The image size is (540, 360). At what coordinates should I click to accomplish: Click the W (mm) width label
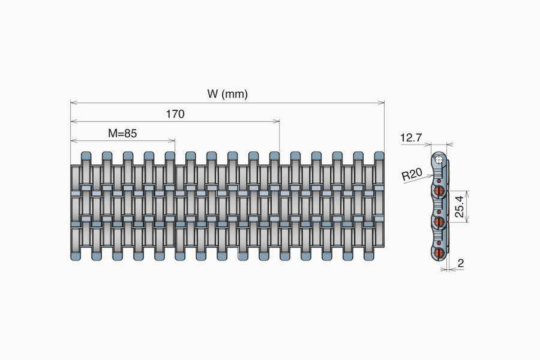pos(227,94)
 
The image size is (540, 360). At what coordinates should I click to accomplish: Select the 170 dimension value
pos(175,114)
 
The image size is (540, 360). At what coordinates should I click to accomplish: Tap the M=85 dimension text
pos(122,133)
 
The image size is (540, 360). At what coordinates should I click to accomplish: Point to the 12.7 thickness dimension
pos(410,138)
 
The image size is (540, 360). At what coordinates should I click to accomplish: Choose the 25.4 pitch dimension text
pos(459,207)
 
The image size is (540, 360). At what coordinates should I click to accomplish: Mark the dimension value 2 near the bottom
pos(460,263)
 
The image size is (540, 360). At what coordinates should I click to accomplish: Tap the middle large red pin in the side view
pos(440,221)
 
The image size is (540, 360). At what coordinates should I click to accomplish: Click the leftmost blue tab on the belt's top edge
pos(86,156)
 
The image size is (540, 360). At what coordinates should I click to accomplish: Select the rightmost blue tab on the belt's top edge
pos(379,156)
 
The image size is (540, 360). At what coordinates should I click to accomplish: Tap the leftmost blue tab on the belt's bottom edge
pos(76,256)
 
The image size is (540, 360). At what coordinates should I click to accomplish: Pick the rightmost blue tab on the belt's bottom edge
pos(369,256)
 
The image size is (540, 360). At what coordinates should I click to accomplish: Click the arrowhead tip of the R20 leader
pos(433,175)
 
